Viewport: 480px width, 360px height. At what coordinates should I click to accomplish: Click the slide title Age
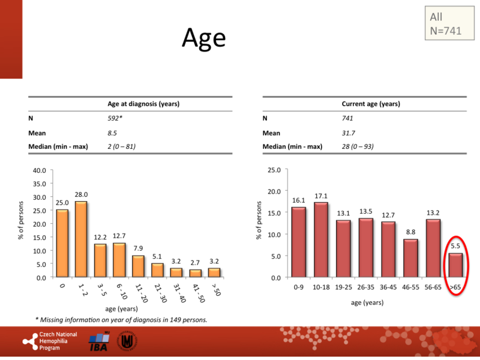203,38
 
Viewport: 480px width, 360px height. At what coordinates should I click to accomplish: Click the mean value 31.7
348,133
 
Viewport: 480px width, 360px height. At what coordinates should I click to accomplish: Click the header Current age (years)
371,104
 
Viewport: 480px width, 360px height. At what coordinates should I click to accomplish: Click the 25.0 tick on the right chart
274,170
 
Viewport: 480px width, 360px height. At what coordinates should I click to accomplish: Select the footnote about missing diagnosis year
121,319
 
